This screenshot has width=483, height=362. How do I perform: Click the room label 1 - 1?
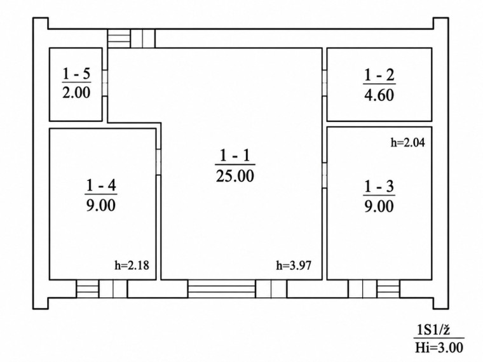(x=235, y=156)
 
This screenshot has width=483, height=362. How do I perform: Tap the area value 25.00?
(x=235, y=176)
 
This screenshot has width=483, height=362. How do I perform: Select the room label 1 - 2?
(x=379, y=75)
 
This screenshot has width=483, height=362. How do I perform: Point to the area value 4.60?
(x=379, y=95)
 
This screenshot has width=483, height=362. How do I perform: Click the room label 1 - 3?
(x=379, y=187)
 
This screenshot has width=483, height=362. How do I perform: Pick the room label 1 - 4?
(x=100, y=185)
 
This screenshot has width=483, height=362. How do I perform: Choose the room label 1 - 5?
(x=76, y=74)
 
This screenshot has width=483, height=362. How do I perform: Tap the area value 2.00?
(x=76, y=92)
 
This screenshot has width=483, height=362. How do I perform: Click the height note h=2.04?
(x=408, y=142)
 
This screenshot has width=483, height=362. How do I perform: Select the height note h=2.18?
(x=132, y=265)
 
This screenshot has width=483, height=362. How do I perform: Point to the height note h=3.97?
(x=294, y=265)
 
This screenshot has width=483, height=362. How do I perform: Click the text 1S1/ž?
(x=433, y=330)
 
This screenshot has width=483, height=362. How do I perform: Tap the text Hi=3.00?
(x=439, y=348)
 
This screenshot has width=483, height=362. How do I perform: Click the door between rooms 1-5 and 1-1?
(x=105, y=83)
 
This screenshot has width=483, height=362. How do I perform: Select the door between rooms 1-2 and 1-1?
(x=324, y=83)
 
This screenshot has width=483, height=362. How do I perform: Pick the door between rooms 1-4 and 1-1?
(x=158, y=162)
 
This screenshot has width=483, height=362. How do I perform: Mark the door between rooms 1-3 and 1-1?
(x=324, y=175)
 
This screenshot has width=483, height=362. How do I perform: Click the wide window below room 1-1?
(x=222, y=289)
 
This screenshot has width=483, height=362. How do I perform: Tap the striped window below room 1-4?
(x=88, y=289)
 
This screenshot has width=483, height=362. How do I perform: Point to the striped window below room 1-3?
(x=388, y=289)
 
